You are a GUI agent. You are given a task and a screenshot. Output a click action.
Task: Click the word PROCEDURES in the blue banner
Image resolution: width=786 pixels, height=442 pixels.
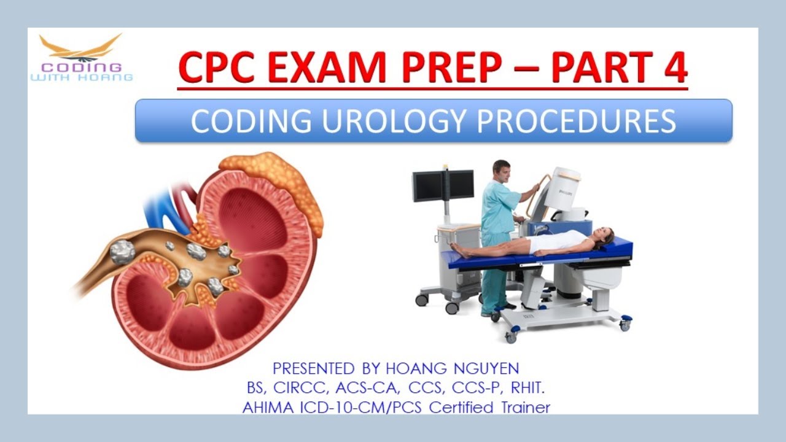click(577, 121)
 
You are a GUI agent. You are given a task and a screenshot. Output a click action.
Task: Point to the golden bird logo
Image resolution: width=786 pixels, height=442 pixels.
click(80, 47)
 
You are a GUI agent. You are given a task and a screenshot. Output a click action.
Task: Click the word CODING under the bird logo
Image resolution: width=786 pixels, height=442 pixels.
click(82, 67)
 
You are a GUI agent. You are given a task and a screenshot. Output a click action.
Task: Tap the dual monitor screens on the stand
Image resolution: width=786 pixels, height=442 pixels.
click(443, 185)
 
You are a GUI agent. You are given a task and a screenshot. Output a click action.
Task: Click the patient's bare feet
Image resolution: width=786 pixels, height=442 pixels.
click(456, 249)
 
